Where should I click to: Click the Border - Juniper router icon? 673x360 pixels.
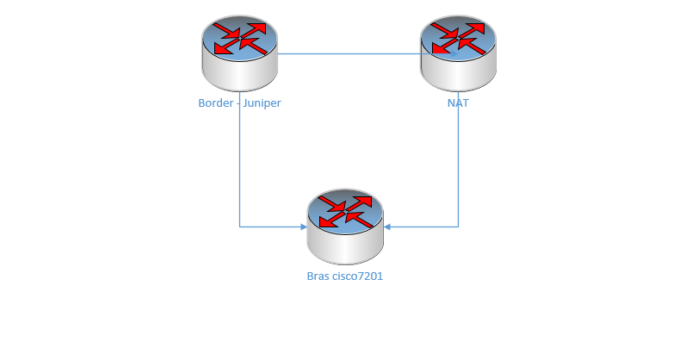click(x=240, y=53)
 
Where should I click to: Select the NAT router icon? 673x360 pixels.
click(x=458, y=53)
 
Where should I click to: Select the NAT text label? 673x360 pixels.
click(x=458, y=103)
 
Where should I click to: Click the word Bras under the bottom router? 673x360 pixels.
click(x=318, y=276)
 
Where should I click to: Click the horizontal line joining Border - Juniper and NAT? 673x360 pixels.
click(x=353, y=54)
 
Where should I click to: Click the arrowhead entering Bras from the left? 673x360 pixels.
click(x=303, y=227)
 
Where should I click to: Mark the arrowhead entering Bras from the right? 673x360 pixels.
click(x=387, y=227)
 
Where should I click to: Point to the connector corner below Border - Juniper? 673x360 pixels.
click(x=239, y=227)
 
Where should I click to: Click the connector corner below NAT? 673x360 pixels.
click(x=458, y=227)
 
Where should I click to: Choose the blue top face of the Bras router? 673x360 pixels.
click(x=344, y=212)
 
